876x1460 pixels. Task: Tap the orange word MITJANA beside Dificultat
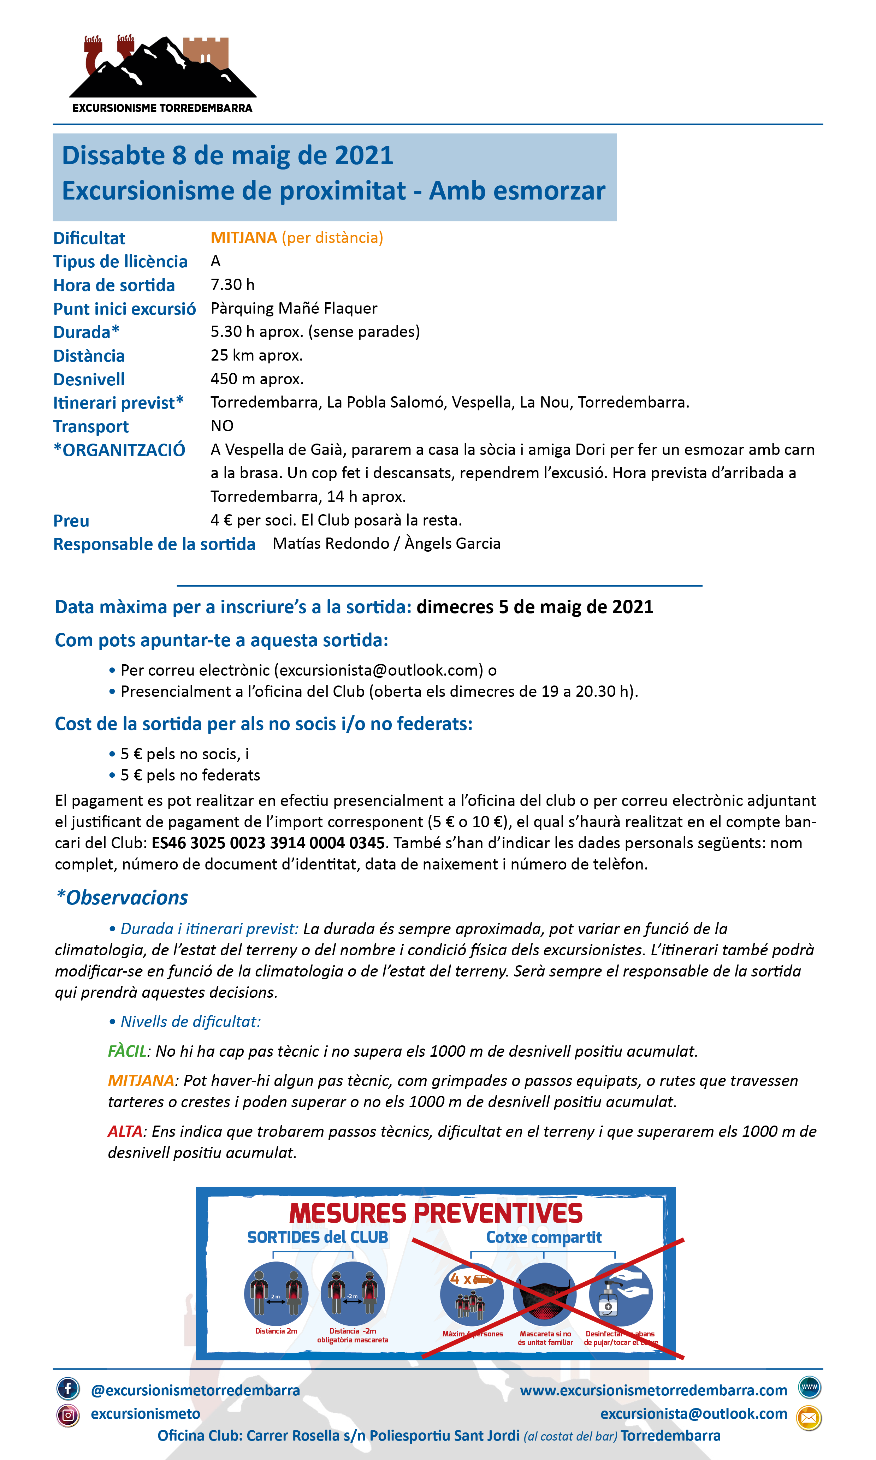point(243,238)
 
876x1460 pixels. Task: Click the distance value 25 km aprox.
point(256,355)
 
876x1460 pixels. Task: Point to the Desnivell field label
point(89,379)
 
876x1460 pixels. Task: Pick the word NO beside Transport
point(222,426)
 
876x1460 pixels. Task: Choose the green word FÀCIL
point(127,1051)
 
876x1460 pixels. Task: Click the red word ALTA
point(125,1131)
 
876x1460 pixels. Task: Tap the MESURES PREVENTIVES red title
point(436,1213)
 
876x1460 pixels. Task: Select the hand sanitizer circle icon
point(620,1295)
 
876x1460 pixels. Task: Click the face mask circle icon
point(544,1295)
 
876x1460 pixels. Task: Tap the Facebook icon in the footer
point(68,1389)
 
